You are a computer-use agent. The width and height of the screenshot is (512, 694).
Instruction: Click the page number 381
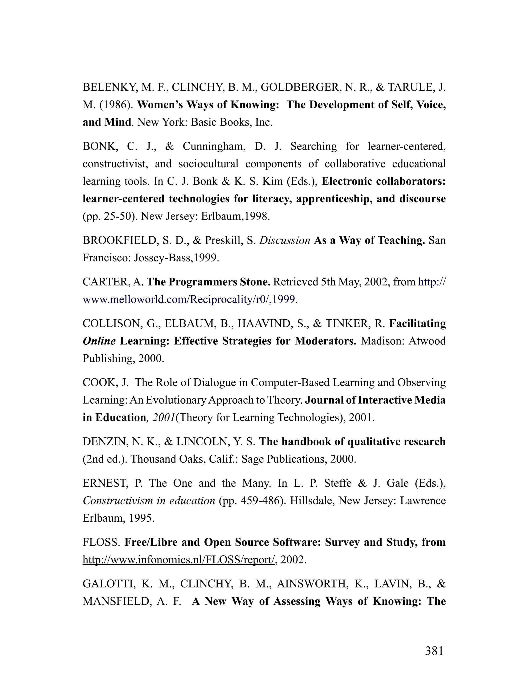434,651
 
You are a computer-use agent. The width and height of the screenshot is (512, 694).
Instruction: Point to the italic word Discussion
284,241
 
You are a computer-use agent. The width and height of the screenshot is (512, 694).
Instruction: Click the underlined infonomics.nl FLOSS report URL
178,560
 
